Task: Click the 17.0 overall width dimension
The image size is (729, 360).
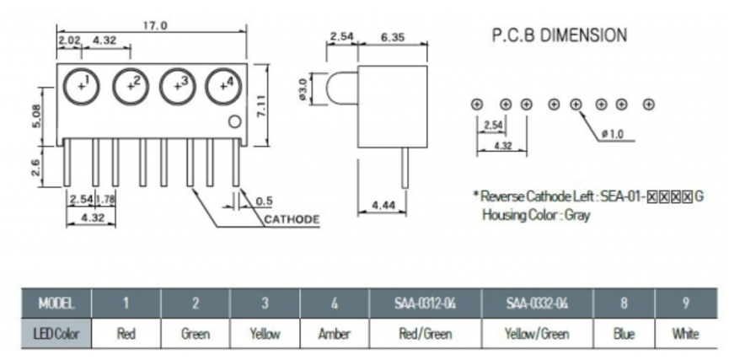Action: (x=155, y=25)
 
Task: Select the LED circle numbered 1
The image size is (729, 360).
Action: (x=83, y=84)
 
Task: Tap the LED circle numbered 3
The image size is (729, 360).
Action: (x=179, y=84)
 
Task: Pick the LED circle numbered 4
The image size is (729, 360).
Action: (x=225, y=84)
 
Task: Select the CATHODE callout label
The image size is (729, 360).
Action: (x=292, y=220)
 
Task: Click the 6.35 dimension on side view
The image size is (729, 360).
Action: (x=394, y=37)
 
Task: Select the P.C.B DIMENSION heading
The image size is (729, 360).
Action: (x=559, y=35)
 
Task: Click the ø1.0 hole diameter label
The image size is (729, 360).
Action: (x=612, y=134)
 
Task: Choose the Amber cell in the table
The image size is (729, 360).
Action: (x=335, y=334)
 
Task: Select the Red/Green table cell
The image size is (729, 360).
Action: (x=425, y=334)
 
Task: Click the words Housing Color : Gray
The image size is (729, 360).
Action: (x=536, y=215)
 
